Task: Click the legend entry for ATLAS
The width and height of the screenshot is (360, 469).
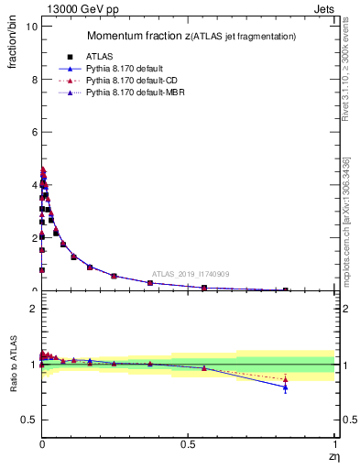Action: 98,57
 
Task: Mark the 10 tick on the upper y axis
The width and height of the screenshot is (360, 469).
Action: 29,27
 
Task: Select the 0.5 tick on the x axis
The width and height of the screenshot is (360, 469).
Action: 188,444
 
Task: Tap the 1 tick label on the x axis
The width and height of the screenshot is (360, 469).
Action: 334,444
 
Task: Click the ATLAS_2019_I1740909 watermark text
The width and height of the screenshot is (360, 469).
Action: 191,274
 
